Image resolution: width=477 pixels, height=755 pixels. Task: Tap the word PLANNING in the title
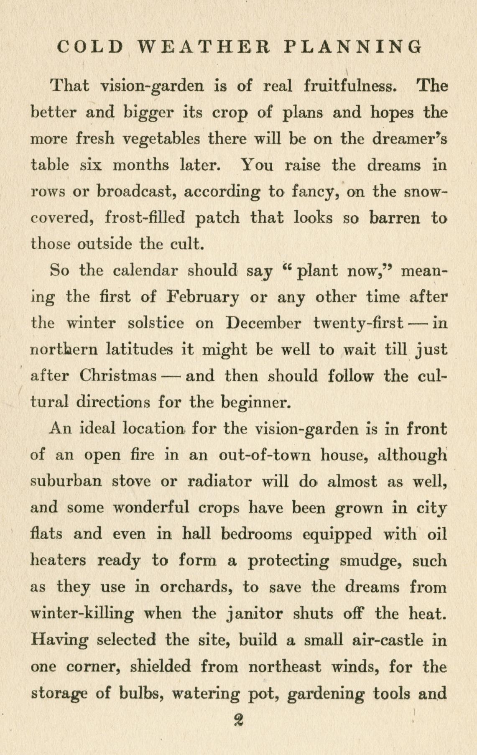[x=352, y=46]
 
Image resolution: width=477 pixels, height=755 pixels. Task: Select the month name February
[x=203, y=298]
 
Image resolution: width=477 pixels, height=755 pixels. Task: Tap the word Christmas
[x=118, y=376]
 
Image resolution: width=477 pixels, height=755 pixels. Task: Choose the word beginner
[x=255, y=403]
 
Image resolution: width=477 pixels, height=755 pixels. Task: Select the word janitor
[x=254, y=614]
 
